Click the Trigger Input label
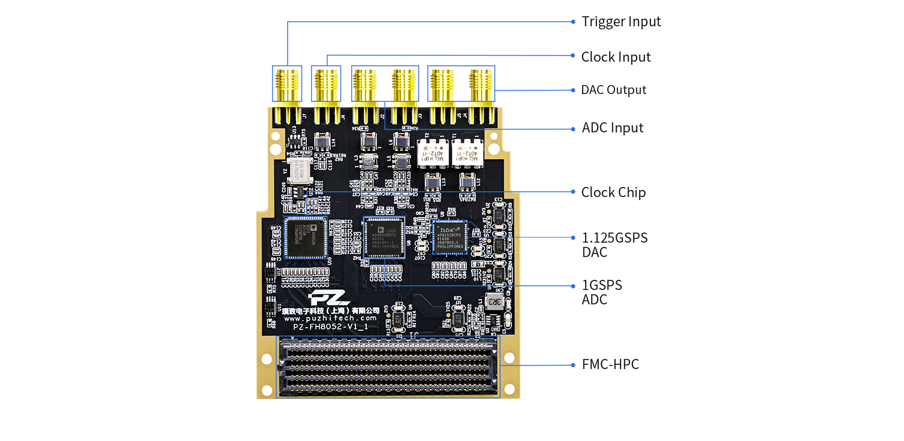pos(621,22)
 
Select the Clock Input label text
pos(616,57)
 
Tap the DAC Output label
pos(614,90)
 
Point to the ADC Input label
pos(613,128)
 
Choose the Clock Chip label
pos(613,192)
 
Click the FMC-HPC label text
pos(610,364)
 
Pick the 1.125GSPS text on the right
pos(614,238)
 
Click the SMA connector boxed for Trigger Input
pos(288,84)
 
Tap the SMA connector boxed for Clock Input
pos(326,84)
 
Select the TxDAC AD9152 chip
pos(450,237)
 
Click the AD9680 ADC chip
pos(384,237)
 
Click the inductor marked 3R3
pos(495,301)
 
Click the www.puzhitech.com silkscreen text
pos(331,318)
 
